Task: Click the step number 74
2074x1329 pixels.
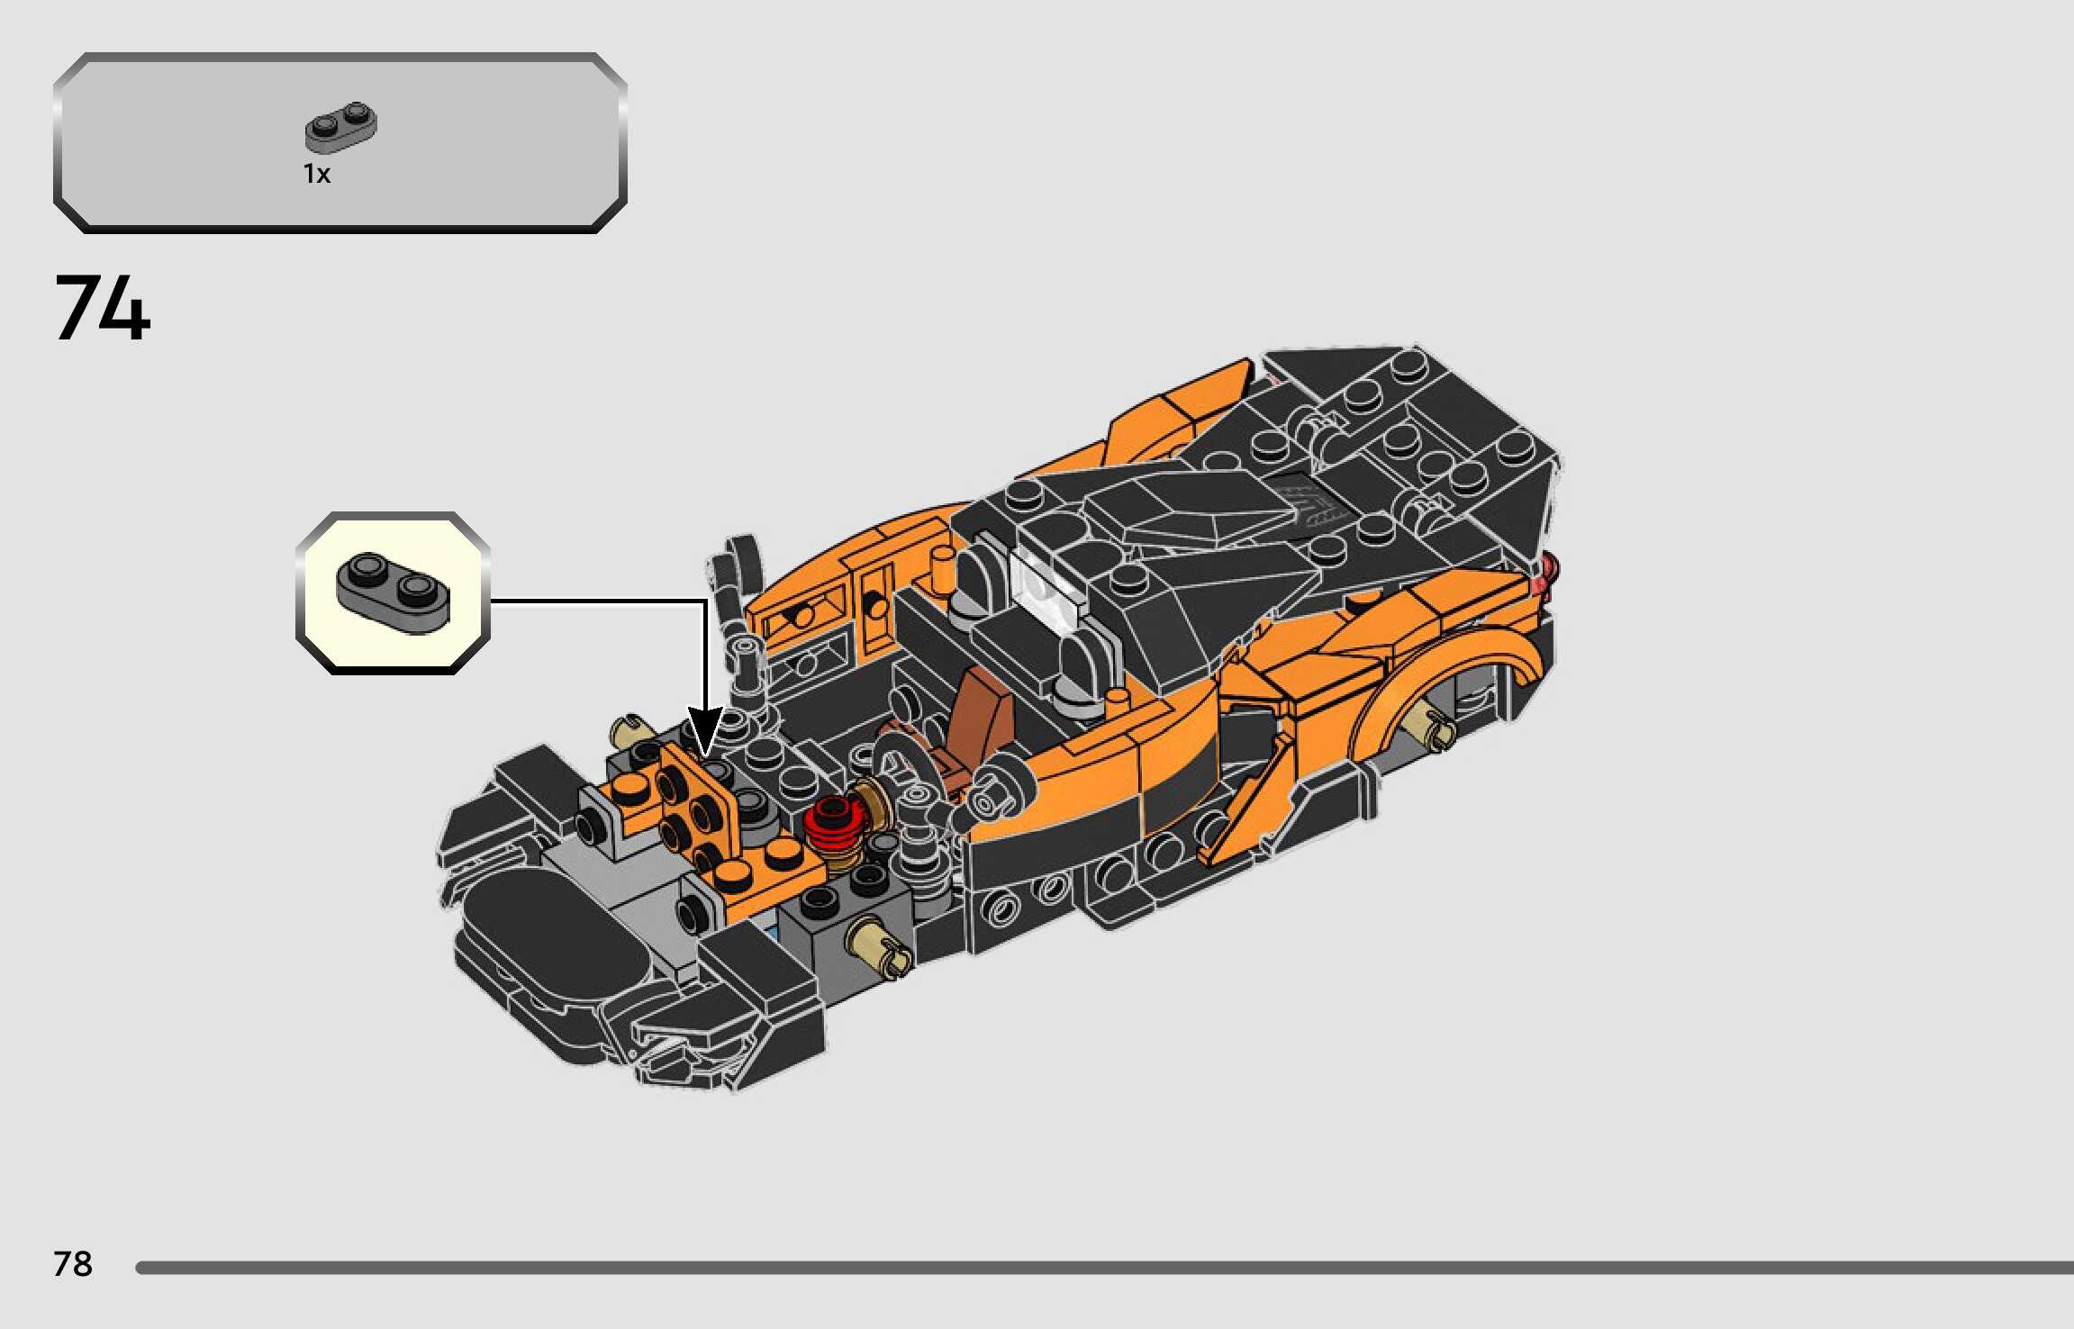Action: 102,308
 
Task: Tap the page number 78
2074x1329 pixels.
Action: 72,1264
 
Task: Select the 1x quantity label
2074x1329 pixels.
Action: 317,174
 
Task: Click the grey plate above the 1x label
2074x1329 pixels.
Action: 340,127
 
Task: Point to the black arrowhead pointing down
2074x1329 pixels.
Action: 705,730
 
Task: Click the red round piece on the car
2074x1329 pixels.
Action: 832,826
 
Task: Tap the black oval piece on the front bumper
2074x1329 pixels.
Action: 549,936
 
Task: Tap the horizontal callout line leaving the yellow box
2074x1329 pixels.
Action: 594,601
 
